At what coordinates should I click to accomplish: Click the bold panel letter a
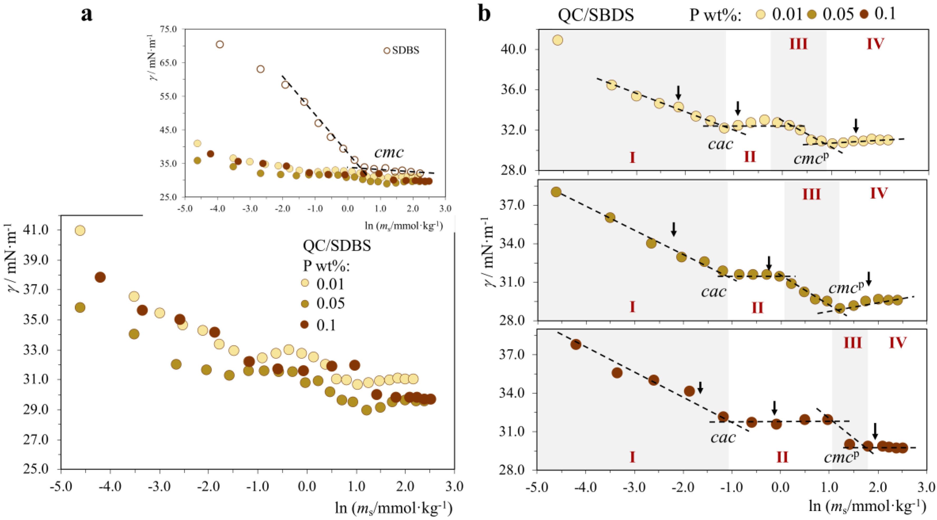pyautogui.click(x=86, y=15)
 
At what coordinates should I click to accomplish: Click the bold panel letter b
pyautogui.click(x=484, y=14)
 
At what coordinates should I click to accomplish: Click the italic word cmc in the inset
pyautogui.click(x=389, y=152)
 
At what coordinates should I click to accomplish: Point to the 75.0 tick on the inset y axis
pyautogui.click(x=168, y=29)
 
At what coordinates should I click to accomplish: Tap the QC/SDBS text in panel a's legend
pyautogui.click(x=337, y=246)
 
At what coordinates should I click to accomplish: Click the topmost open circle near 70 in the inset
pyautogui.click(x=220, y=44)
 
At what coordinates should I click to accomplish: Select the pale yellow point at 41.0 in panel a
pyautogui.click(x=80, y=231)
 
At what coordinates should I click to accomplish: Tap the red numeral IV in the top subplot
pyautogui.click(x=875, y=44)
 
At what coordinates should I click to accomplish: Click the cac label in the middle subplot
pyautogui.click(x=714, y=291)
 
